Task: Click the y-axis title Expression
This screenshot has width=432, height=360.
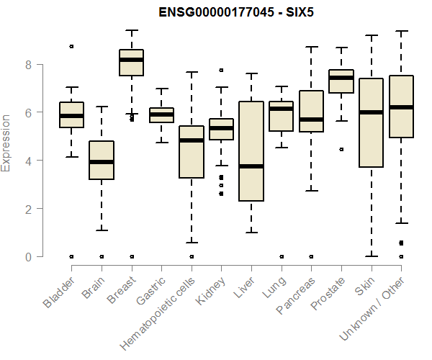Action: tap(7, 143)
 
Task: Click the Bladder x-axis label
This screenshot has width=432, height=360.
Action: tap(59, 292)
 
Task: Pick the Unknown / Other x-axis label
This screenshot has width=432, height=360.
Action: tap(374, 307)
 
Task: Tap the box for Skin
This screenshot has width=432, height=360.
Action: tap(371, 122)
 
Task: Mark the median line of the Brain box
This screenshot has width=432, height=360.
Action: tap(102, 162)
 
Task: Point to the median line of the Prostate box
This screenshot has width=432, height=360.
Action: tap(341, 78)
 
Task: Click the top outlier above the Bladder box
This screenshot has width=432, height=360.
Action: tap(71, 46)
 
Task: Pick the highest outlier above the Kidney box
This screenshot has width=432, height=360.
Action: tap(221, 71)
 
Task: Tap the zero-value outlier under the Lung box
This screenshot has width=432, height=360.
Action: tap(281, 256)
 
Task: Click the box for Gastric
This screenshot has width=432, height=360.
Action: tap(161, 115)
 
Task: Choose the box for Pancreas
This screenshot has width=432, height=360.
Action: tap(311, 111)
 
